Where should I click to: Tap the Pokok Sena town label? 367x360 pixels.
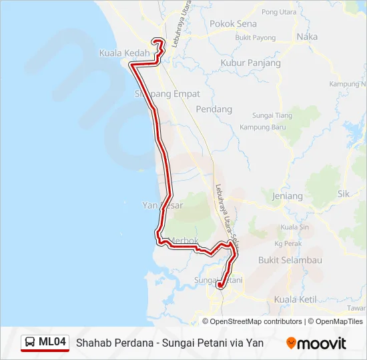coord(233,23)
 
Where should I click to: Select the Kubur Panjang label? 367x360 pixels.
coord(250,63)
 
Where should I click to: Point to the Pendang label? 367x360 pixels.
coord(214,109)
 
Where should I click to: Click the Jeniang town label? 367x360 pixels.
coord(288,196)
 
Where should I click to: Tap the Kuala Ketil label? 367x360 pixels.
coord(295,299)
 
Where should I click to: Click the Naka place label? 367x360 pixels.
coord(307,37)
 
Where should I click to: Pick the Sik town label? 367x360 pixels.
coord(344,194)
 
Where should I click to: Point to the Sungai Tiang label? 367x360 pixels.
coord(274,115)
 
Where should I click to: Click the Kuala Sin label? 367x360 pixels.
coord(294,227)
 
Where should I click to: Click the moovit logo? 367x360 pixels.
coord(316,343)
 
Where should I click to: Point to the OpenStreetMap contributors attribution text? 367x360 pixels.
coord(256,321)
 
